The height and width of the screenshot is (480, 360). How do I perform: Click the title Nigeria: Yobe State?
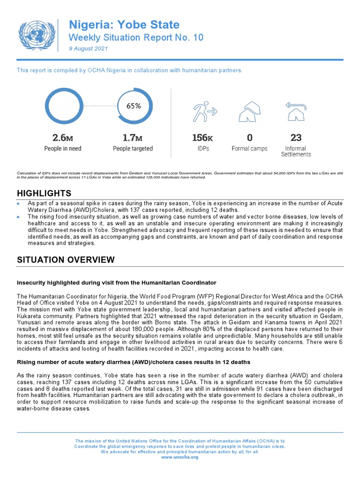pyautogui.click(x=124, y=24)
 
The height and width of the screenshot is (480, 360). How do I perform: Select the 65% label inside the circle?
pyautogui.click(x=133, y=106)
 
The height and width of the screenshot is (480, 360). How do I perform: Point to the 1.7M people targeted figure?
pyautogui.click(x=133, y=138)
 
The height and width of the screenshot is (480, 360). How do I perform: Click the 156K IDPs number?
pyautogui.click(x=202, y=138)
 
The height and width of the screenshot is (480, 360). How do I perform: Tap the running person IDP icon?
pyautogui.click(x=204, y=111)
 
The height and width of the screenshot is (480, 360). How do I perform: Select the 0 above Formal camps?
pyautogui.click(x=249, y=138)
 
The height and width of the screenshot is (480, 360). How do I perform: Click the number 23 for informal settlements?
pyautogui.click(x=296, y=138)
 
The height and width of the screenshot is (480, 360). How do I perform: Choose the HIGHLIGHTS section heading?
pyautogui.click(x=44, y=193)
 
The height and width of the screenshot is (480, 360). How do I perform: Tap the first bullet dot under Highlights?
pyautogui.click(x=18, y=204)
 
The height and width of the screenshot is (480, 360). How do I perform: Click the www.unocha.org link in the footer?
pyautogui.click(x=180, y=457)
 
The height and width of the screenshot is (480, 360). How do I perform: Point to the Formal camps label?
pyautogui.click(x=249, y=149)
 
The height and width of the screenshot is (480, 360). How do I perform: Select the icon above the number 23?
pyautogui.click(x=296, y=111)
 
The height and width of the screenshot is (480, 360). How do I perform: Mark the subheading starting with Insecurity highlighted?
pyautogui.click(x=117, y=283)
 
